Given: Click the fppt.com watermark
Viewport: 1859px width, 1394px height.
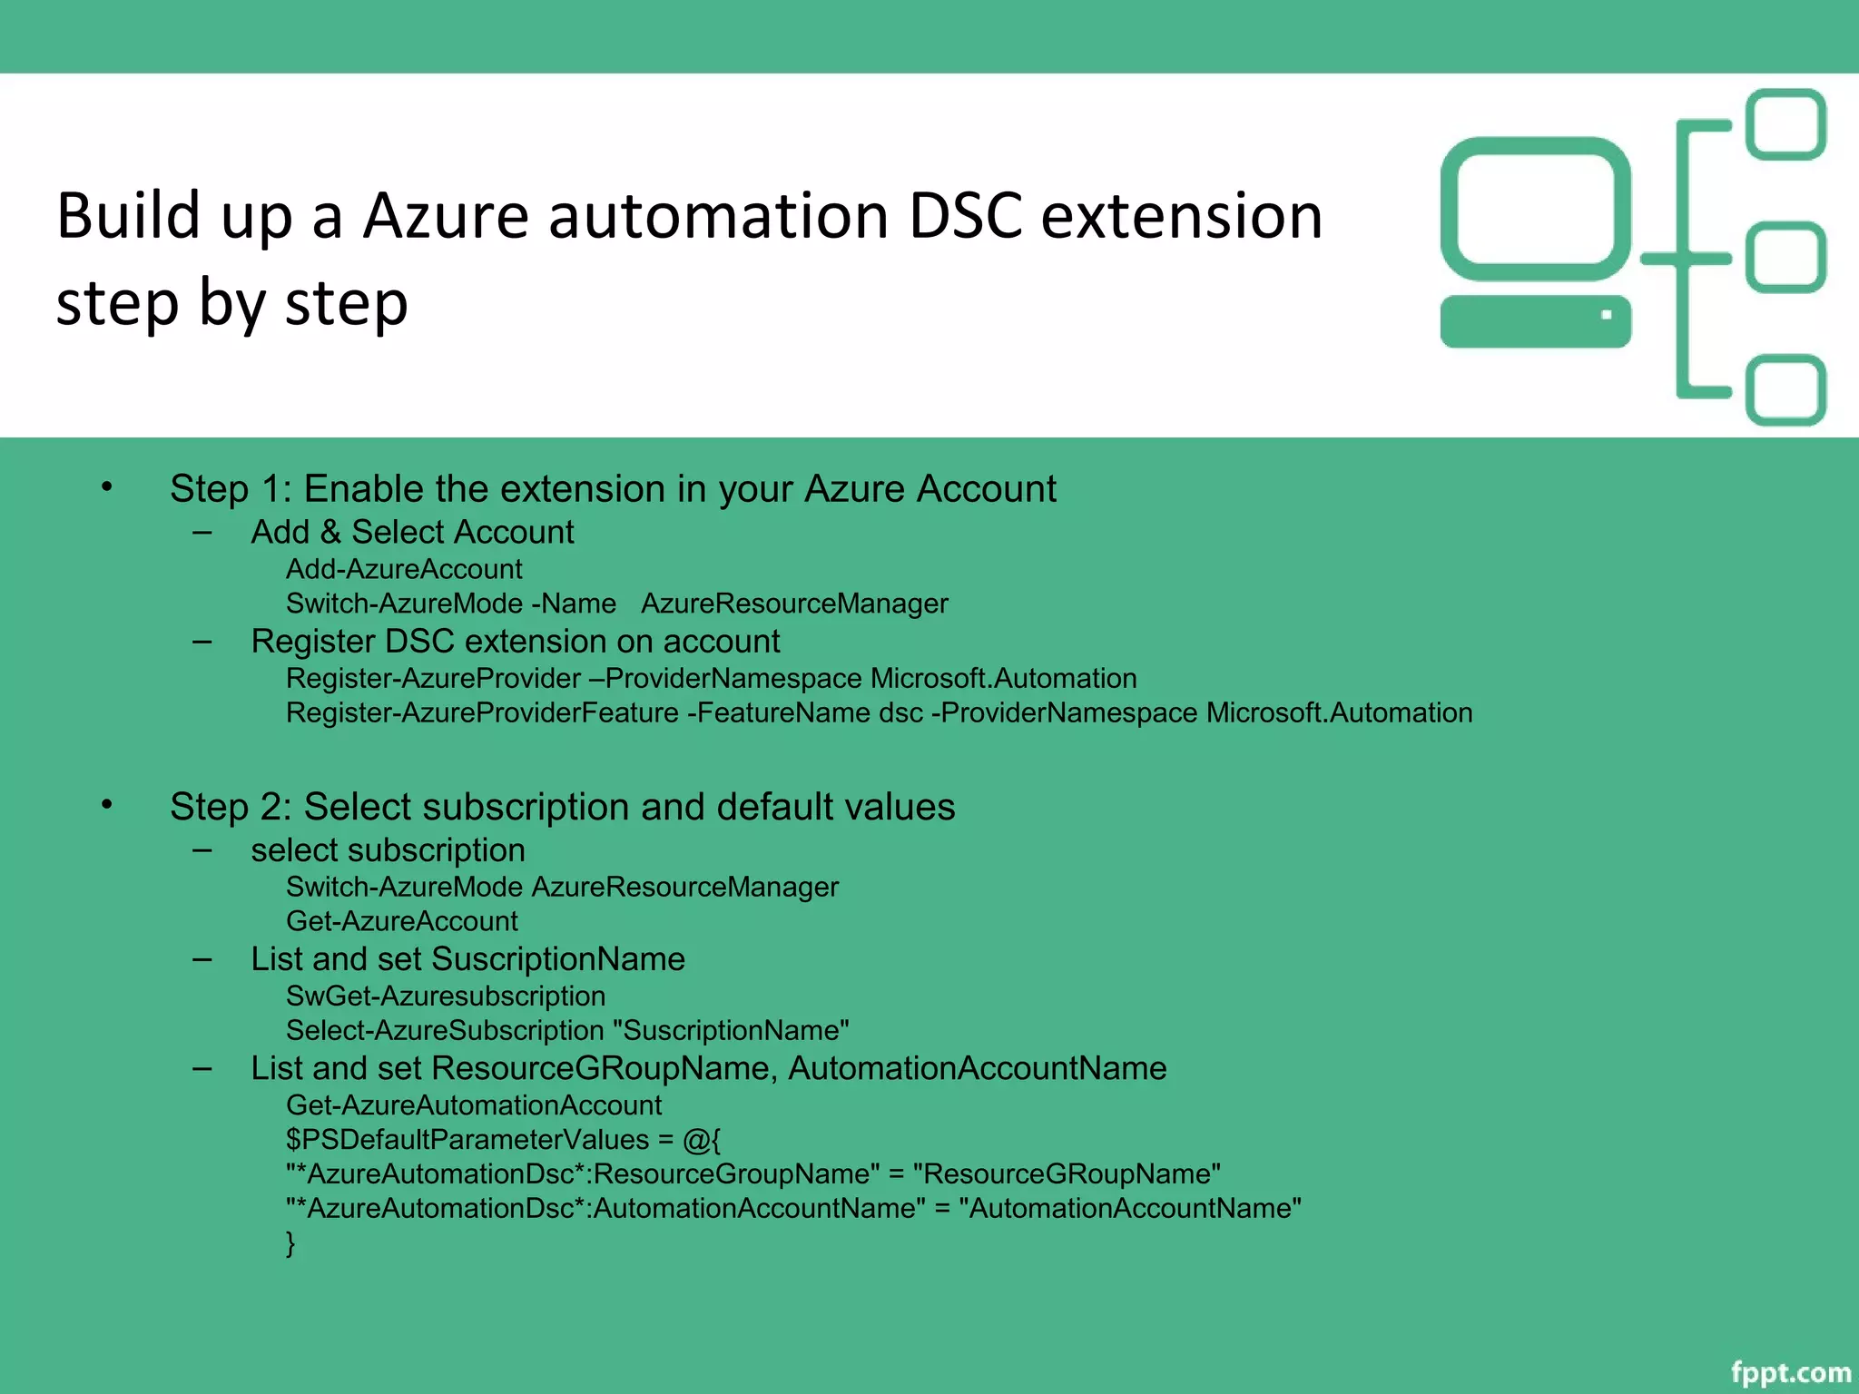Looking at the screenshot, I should coord(1790,1371).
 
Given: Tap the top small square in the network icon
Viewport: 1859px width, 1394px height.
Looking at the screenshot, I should coord(1785,124).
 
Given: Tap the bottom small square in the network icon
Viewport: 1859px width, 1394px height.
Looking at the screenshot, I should coord(1785,390).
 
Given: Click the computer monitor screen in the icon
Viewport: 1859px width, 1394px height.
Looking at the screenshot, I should coord(1535,209).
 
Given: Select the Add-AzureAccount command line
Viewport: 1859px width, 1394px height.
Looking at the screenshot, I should coord(404,569).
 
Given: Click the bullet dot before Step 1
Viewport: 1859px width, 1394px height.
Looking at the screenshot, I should coord(107,487).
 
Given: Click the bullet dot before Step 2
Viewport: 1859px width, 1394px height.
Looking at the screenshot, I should coord(107,805).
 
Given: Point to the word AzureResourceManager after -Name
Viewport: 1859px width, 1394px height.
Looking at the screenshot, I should coord(793,604).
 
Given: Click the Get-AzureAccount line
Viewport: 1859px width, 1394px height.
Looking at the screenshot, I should coord(402,921).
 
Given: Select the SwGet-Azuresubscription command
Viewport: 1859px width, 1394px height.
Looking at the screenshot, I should coord(445,996).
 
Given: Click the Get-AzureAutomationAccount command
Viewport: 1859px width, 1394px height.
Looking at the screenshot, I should coord(474,1104).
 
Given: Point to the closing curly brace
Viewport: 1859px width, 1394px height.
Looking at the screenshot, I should coord(290,1242).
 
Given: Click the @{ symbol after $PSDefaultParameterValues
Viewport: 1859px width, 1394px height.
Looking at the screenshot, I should coord(701,1140).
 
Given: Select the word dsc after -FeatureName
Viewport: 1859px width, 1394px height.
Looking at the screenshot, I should coord(900,713).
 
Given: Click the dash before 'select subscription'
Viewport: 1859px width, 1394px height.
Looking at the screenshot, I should coord(202,850).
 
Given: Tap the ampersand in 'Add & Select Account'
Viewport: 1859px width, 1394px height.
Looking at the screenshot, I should coord(330,532).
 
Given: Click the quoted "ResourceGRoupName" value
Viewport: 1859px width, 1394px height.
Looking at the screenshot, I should coord(1067,1173).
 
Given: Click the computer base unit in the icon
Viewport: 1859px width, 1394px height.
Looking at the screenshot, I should coord(1535,321).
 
